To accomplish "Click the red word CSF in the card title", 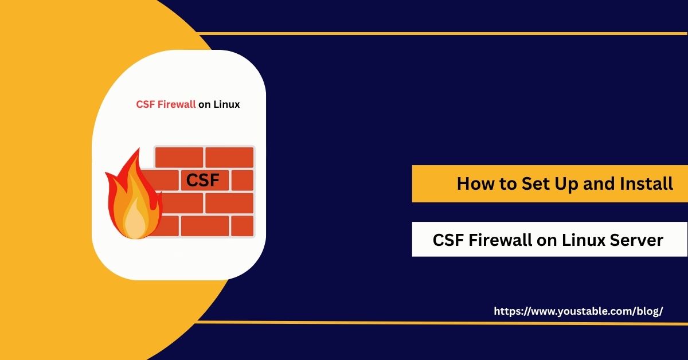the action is [x=145, y=104].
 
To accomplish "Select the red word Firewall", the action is [x=177, y=104].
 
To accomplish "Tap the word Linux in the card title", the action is [x=226, y=104].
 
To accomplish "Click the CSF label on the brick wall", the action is [x=203, y=180].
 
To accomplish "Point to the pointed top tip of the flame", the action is [x=139, y=148].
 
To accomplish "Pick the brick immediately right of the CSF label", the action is [x=243, y=181].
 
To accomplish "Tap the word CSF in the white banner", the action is [x=448, y=240].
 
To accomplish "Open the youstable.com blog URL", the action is [x=578, y=311].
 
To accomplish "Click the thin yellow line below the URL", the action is [x=441, y=323].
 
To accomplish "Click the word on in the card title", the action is [x=204, y=105].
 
